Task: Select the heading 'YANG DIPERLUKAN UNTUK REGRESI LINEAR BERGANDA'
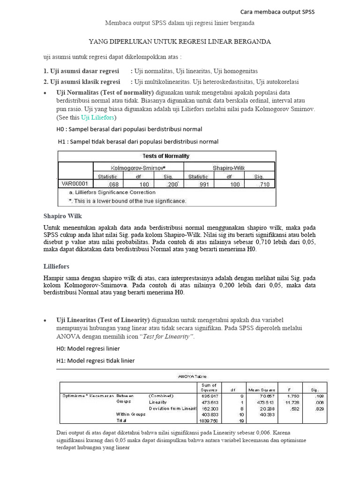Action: point(180,42)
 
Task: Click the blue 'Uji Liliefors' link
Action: point(97,117)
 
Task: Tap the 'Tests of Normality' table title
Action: point(166,156)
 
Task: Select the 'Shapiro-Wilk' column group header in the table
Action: point(229,167)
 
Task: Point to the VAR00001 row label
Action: point(72,184)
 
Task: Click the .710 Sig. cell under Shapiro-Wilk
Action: point(264,185)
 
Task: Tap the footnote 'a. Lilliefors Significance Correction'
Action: point(112,192)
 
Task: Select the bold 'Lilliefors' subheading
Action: point(56,266)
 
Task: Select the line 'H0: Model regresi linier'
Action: point(88,348)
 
